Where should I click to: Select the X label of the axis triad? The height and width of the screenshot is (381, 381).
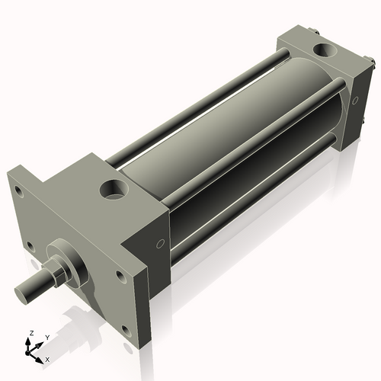47,357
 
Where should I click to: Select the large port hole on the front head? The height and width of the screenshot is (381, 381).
116,186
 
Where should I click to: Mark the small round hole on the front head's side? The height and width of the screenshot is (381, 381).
159,245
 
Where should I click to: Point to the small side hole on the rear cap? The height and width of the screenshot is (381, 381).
355,98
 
